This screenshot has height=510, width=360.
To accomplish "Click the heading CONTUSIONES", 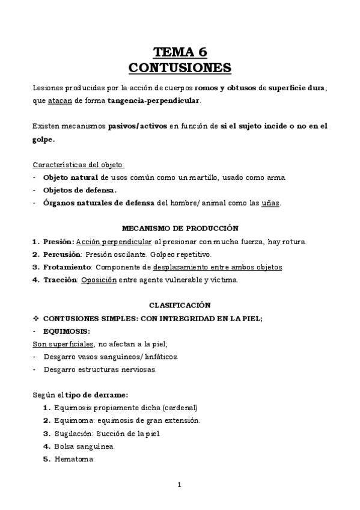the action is click(180, 66).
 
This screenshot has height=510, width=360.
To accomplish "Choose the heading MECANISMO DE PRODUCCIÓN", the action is click(180, 229).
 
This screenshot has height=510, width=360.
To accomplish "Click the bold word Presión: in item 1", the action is click(58, 242).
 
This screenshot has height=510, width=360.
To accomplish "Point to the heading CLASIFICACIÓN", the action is click(180, 306).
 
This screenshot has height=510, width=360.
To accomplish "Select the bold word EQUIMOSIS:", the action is click(67, 331).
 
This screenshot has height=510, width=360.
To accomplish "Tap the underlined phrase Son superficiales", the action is click(61, 343).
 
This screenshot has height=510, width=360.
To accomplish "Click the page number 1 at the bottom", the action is click(179, 485).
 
